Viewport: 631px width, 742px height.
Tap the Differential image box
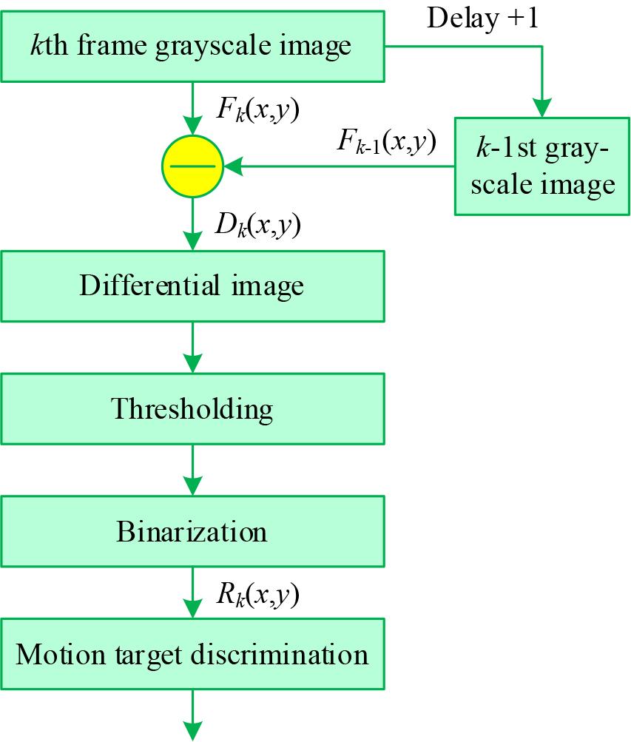pyautogui.click(x=192, y=286)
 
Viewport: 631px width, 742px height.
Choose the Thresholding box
pyautogui.click(x=192, y=408)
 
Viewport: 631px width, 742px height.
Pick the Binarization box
pyautogui.click(x=192, y=531)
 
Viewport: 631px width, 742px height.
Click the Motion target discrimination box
pyautogui.click(x=192, y=655)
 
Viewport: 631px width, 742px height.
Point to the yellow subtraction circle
pyautogui.click(x=192, y=166)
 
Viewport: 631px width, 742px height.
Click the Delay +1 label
pyautogui.click(x=482, y=18)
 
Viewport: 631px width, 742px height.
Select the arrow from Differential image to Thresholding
pyautogui.click(x=192, y=347)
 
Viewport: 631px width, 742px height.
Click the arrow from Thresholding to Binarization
pyautogui.click(x=192, y=470)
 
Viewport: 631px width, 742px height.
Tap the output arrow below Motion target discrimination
pyautogui.click(x=192, y=716)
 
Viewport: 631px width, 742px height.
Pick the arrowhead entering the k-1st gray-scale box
pyautogui.click(x=542, y=109)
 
